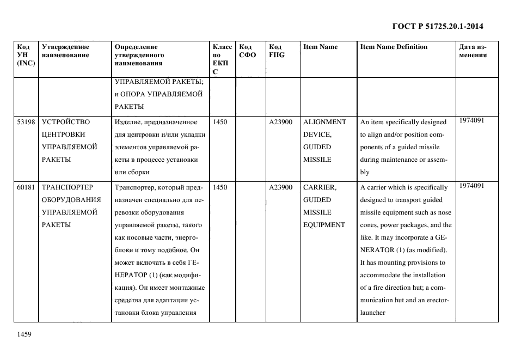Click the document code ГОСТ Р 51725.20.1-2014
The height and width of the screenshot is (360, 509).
click(x=438, y=26)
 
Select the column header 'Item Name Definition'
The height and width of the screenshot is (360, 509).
click(x=394, y=47)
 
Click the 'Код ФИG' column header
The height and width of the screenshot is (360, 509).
click(x=277, y=51)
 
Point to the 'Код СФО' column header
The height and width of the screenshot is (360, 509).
click(x=248, y=51)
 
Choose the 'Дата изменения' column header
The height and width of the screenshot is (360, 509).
click(x=473, y=51)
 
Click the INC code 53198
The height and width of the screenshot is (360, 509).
click(x=26, y=122)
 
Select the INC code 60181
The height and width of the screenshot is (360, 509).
click(x=26, y=187)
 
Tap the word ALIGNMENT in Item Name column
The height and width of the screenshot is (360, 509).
click(x=324, y=122)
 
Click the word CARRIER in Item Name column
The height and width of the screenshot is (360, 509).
click(x=320, y=187)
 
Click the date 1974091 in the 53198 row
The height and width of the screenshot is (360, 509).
click(x=471, y=121)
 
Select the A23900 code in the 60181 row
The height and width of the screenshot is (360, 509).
click(x=280, y=187)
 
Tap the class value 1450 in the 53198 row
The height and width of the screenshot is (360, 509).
click(x=220, y=122)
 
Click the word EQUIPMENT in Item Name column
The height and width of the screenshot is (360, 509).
click(x=324, y=225)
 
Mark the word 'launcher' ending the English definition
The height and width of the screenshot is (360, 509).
click(x=373, y=313)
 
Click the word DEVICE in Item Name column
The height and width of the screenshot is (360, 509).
click(x=317, y=135)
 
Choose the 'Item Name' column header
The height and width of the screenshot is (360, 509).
click(x=320, y=47)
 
